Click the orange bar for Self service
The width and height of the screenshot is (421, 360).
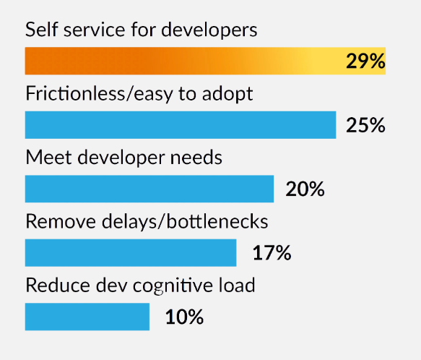181,61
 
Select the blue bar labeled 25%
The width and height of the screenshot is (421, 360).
181,125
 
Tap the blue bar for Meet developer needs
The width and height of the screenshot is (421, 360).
149,189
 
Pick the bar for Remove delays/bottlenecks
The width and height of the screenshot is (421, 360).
131,253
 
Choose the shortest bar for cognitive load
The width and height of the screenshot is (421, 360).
87,317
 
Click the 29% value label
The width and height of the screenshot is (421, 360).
365,61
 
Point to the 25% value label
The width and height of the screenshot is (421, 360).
365,126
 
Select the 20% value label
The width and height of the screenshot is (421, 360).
305,189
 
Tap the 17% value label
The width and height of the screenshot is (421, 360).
272,254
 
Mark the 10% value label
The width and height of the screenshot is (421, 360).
184,317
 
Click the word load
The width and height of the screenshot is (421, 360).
238,285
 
